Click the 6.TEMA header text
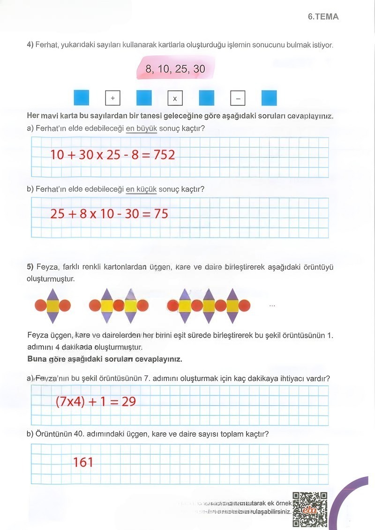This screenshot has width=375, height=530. (323, 16)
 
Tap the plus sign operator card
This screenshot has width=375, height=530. (112, 98)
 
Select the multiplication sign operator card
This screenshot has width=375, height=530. (175, 98)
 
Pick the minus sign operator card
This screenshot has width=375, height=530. (238, 98)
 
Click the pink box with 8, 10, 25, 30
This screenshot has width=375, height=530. (175, 68)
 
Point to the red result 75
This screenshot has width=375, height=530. (161, 213)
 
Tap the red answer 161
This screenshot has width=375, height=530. (83, 462)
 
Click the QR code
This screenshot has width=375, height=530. (309, 509)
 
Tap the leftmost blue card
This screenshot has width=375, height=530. (81, 98)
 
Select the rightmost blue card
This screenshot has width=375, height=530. (269, 98)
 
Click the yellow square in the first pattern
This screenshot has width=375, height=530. (52, 306)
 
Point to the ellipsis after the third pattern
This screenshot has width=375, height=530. (272, 306)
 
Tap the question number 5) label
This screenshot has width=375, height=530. (30, 267)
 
